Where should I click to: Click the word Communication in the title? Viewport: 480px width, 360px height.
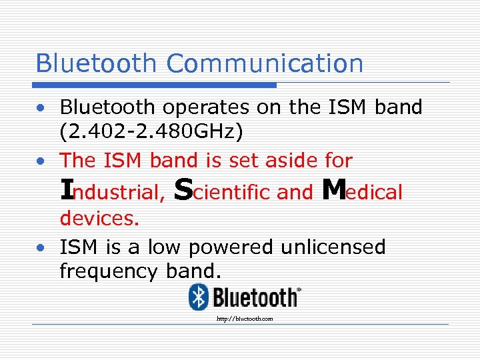265,63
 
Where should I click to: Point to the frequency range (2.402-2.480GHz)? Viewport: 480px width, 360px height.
151,131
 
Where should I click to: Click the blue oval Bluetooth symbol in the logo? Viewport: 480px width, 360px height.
198,296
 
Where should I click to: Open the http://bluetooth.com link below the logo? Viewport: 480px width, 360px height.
245,319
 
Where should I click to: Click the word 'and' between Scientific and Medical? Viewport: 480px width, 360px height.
295,193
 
